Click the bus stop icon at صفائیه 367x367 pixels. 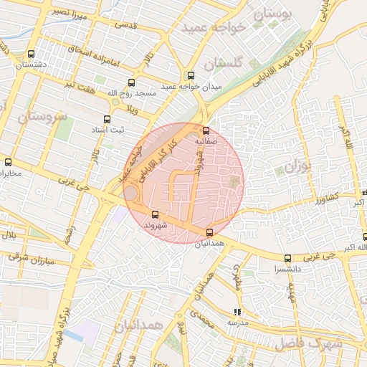click(206, 130)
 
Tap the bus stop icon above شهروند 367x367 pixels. click(156, 214)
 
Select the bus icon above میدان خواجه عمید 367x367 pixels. click(191, 75)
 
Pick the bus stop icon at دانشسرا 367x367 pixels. click(288, 258)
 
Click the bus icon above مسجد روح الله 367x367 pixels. click(130, 82)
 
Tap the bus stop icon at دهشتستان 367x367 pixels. click(30, 54)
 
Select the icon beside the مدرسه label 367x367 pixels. click(236, 312)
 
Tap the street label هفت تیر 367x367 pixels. click(79, 86)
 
